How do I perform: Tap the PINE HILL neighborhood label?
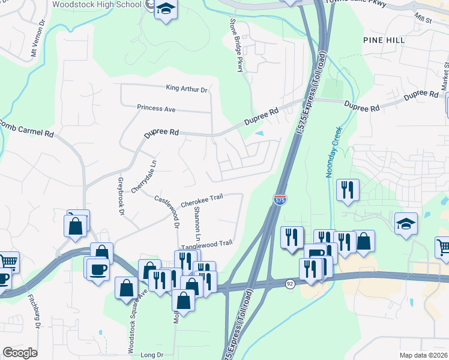[384, 40]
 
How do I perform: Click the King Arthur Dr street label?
[186, 88]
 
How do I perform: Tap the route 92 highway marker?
[289, 283]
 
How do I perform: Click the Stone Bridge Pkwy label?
[237, 45]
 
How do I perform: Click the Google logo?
[20, 353]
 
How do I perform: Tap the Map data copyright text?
[424, 355]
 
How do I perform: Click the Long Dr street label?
[151, 355]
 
